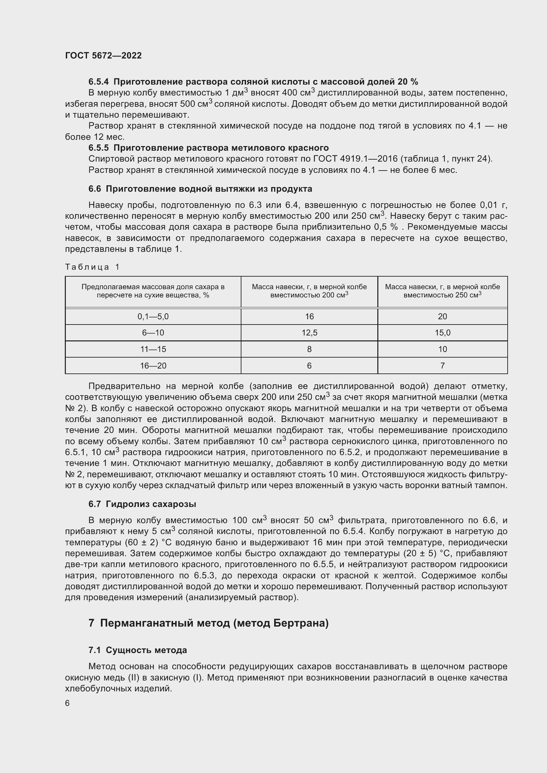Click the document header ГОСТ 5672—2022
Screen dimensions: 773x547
104,56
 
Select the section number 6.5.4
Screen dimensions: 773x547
99,82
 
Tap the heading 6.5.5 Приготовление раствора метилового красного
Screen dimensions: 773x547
208,148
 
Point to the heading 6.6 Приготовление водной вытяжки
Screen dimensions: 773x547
200,189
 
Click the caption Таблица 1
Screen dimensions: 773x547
92,267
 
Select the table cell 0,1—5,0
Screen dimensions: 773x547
153,317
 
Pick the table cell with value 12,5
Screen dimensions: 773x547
309,333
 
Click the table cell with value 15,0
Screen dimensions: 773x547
442,333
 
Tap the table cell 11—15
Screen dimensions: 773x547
153,349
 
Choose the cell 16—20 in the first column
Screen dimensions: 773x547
153,366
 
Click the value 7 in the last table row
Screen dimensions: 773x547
442,366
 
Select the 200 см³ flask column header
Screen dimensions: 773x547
309,291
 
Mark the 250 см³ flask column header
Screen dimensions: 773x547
442,291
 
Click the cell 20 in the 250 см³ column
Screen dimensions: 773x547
442,317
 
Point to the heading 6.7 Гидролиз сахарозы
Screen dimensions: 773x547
142,504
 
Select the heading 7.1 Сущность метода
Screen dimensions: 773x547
138,650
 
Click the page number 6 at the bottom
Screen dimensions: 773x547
67,703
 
